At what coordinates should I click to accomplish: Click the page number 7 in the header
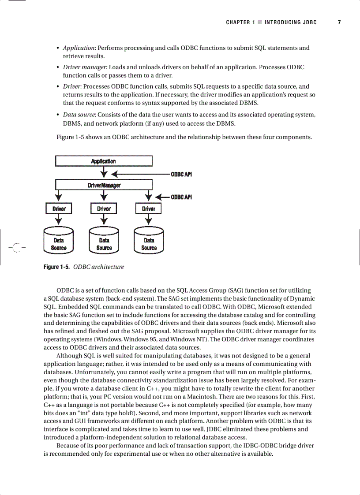click(x=339, y=22)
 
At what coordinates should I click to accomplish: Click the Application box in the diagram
click(x=104, y=161)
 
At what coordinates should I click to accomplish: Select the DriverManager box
click(x=104, y=185)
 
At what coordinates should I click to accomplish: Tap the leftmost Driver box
click(x=59, y=208)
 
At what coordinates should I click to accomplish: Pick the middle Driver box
click(x=104, y=208)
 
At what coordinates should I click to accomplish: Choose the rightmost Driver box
click(x=149, y=208)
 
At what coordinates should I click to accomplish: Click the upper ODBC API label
click(x=181, y=175)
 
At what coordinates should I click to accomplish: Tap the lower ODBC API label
click(x=181, y=197)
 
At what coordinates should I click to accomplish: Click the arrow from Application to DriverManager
click(x=104, y=172)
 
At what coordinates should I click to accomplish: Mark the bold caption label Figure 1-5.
click(x=56, y=267)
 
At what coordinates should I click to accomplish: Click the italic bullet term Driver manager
click(x=84, y=67)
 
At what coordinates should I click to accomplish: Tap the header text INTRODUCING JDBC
click(x=291, y=22)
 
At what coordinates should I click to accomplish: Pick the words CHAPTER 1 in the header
click(x=240, y=22)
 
